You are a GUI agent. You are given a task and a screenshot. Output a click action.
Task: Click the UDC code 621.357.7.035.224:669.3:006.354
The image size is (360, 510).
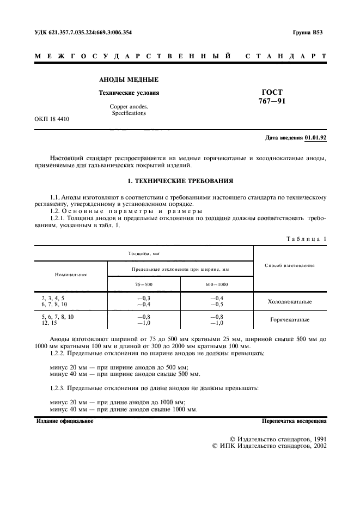(83, 32)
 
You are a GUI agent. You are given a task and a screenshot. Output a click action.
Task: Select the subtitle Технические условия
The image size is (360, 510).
(129, 93)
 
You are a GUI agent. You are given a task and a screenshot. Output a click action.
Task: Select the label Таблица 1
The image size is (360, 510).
(306, 239)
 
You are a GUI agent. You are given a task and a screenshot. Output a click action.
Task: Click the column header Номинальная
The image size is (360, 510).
(71, 275)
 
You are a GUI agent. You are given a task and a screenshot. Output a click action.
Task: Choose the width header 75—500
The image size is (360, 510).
(144, 284)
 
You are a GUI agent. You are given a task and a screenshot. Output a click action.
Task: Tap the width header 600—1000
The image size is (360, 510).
(216, 284)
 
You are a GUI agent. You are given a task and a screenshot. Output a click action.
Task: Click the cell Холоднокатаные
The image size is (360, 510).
(290, 301)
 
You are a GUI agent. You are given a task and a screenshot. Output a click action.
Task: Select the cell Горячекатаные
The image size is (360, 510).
(290, 320)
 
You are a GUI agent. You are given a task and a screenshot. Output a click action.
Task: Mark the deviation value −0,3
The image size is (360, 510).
(144, 298)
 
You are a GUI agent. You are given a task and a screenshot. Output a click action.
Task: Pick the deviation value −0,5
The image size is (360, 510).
(216, 305)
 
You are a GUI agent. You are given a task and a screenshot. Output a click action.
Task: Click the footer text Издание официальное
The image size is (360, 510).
(64, 421)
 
